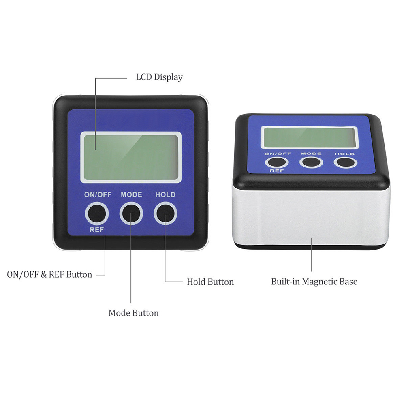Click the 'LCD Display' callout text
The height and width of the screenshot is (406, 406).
click(x=159, y=77)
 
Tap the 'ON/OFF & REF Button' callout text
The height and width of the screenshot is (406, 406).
click(x=49, y=274)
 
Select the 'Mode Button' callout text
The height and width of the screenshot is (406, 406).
click(x=134, y=313)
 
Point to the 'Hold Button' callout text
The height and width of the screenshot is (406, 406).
click(x=210, y=282)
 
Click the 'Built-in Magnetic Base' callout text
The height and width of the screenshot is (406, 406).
click(x=314, y=282)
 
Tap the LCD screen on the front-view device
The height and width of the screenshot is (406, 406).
click(x=131, y=158)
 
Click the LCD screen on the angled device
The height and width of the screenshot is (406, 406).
click(x=309, y=138)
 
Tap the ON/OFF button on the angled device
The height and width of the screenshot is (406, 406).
click(x=276, y=162)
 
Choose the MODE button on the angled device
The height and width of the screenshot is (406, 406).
click(x=311, y=162)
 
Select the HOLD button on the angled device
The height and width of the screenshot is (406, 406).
click(x=345, y=162)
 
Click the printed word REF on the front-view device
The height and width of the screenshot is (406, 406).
click(x=96, y=230)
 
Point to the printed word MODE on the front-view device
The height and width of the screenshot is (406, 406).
click(x=131, y=194)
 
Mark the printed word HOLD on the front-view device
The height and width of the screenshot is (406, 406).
click(x=165, y=194)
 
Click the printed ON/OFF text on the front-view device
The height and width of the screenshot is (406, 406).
click(x=98, y=194)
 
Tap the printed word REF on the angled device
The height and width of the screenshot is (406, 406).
click(x=277, y=171)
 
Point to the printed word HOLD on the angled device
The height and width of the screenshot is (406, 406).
click(x=345, y=154)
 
